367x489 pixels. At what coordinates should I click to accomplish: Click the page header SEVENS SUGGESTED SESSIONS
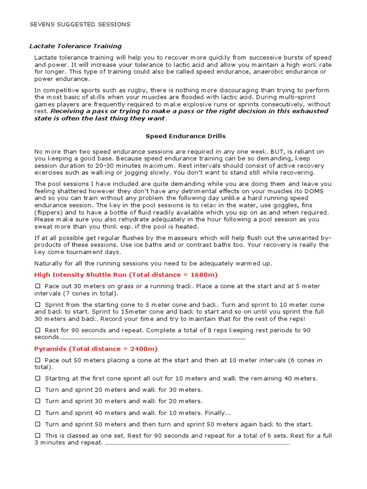point(80,24)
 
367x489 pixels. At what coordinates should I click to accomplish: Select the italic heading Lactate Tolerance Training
point(76,46)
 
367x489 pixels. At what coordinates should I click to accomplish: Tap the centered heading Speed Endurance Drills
point(185,136)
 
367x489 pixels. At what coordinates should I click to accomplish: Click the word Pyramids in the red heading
point(51,349)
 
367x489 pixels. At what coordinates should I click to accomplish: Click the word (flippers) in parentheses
point(50,212)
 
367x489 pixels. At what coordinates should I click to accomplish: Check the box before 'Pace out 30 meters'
point(38,286)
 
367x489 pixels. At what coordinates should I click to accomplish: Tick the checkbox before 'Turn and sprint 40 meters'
point(38,413)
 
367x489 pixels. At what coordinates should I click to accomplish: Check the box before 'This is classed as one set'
point(38,436)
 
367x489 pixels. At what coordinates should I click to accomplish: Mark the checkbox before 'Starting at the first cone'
point(38,379)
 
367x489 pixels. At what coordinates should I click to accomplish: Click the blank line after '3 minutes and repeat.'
point(197,444)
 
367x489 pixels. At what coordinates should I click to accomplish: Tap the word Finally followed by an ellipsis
point(217,413)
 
